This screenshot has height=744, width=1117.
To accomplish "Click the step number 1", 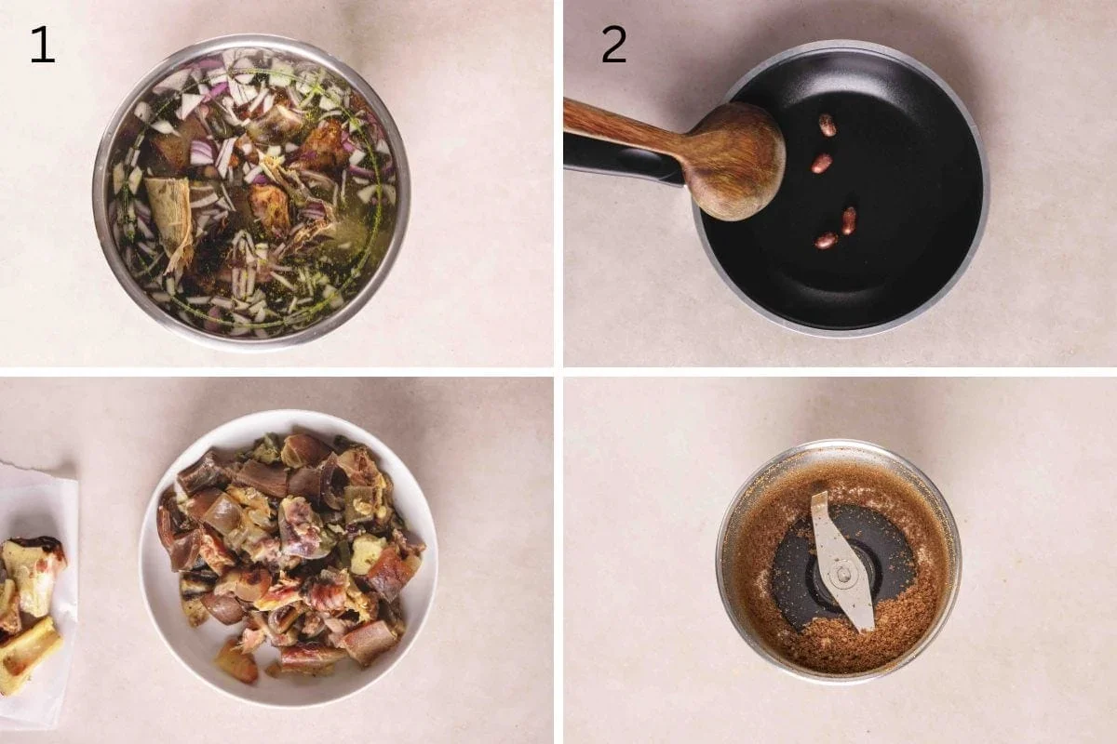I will (x=42, y=45).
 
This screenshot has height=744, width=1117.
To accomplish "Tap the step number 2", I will (x=613, y=45).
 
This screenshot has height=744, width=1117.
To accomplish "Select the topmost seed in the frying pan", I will (x=827, y=125).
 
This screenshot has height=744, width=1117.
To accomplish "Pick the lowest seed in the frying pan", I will (x=825, y=241).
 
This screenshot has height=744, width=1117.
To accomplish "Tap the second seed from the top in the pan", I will (x=821, y=164).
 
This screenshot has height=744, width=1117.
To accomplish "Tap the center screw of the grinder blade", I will (x=841, y=574).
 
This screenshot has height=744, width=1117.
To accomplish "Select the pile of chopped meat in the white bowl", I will (x=289, y=549).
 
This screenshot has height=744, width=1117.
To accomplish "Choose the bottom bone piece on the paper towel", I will (x=28, y=656).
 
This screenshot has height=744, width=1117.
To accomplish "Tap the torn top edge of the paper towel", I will (x=37, y=470).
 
